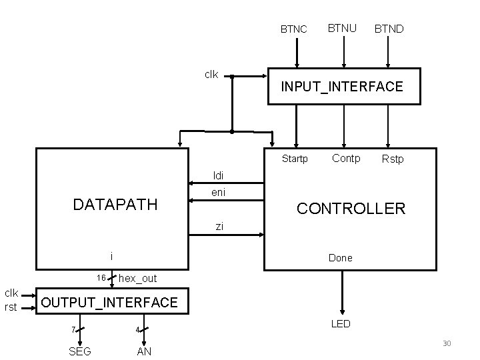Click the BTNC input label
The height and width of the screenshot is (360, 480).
293,29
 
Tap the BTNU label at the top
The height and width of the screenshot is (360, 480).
341,28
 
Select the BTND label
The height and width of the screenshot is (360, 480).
389,29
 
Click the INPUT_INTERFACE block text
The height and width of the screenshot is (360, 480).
342,87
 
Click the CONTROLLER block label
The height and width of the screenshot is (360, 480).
351,209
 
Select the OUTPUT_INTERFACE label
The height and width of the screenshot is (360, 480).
109,303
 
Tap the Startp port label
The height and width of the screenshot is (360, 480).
295,159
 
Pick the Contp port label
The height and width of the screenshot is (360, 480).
346,158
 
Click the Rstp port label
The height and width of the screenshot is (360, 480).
393,159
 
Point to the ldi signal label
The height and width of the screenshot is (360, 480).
218,175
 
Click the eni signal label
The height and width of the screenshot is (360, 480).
218,193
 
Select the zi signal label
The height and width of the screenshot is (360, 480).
219,227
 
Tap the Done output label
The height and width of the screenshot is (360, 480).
340,258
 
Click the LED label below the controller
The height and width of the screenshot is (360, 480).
341,324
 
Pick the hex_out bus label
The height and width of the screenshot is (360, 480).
137,278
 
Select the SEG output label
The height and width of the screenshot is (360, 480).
80,351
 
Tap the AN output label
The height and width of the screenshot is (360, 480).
144,351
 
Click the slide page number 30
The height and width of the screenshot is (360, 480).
447,343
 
